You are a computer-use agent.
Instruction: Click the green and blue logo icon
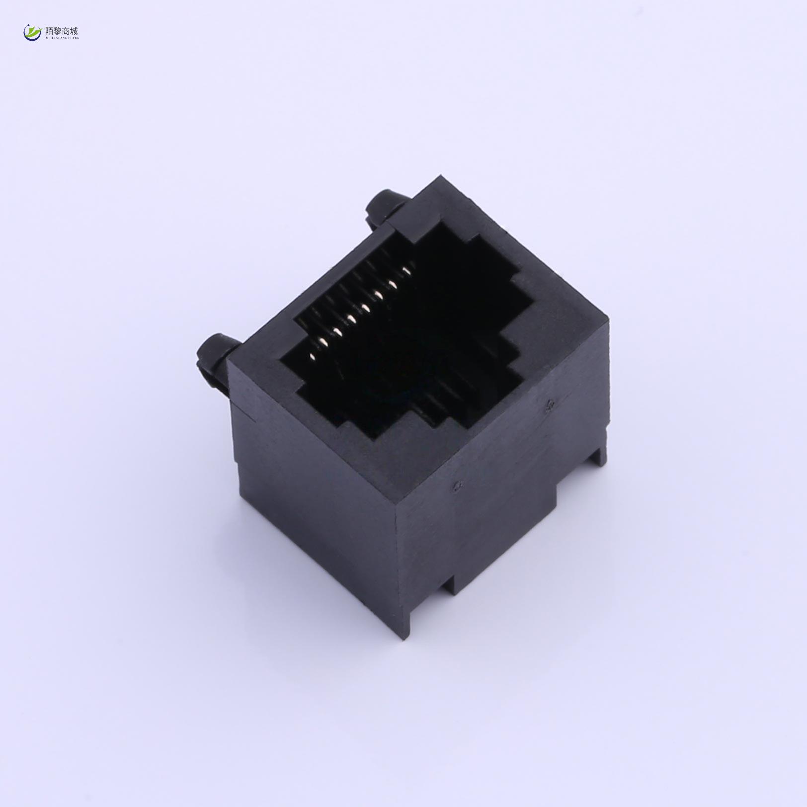(32, 33)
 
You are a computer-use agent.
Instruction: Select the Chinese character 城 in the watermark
(74, 31)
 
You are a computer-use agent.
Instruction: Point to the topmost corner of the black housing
(439, 176)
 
